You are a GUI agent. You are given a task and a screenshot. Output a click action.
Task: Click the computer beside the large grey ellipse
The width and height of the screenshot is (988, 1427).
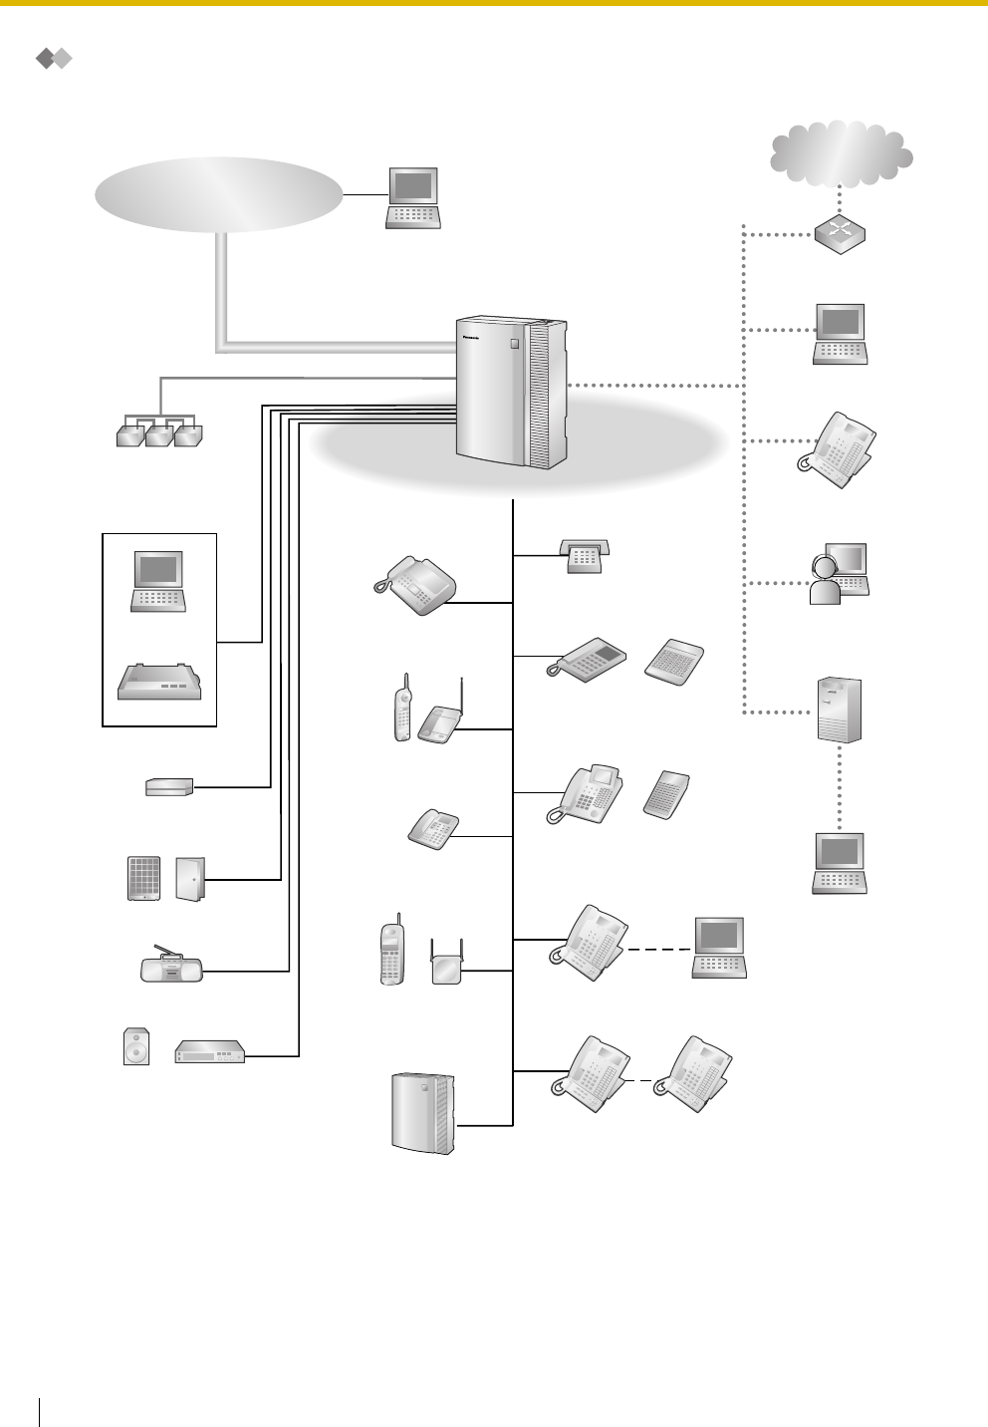tap(413, 197)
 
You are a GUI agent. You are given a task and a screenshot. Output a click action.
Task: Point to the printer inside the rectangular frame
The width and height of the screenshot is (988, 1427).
tap(159, 681)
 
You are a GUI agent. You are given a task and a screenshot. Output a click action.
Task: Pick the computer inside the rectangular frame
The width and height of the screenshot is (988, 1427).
tap(158, 581)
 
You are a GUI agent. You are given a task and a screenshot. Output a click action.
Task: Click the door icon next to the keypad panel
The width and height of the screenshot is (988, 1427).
tap(189, 878)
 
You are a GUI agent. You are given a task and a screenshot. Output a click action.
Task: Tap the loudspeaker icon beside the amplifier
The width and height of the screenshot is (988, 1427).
tap(136, 1046)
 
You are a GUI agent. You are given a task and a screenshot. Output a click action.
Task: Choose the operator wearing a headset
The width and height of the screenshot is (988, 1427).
tap(839, 574)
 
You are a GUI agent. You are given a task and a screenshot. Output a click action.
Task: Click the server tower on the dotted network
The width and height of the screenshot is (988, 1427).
tap(839, 710)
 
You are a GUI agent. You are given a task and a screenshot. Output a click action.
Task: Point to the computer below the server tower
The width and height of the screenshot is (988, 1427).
tap(840, 863)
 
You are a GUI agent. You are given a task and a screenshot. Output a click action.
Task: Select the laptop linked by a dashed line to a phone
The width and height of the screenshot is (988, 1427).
tap(720, 947)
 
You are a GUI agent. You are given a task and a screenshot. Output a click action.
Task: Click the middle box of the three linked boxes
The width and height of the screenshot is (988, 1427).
tap(159, 434)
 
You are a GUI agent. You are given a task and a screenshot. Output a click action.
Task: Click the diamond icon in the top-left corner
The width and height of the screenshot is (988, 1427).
tap(54, 59)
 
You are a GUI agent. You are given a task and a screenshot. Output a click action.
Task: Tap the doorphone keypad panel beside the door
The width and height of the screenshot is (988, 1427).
tap(144, 878)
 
